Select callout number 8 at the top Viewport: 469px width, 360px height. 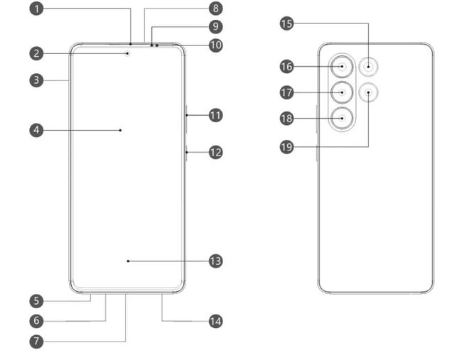click(215, 9)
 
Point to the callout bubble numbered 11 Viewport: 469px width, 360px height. click(215, 114)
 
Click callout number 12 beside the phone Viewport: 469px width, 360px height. click(215, 151)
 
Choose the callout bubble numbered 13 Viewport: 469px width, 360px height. click(215, 261)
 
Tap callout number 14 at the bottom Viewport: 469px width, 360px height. click(215, 321)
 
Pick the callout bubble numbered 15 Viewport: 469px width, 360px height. click(287, 24)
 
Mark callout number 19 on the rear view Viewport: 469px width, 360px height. click(287, 148)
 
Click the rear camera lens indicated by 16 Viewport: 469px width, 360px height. click(343, 67)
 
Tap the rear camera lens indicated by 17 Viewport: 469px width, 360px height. click(343, 92)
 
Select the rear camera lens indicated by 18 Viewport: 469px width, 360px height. click(343, 119)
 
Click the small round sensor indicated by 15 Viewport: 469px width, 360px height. click(369, 67)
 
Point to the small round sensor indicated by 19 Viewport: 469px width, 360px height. click(369, 92)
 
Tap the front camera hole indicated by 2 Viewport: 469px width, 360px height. click(129, 52)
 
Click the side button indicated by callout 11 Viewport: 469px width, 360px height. click(185, 115)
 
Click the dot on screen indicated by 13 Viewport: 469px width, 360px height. click(128, 261)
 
